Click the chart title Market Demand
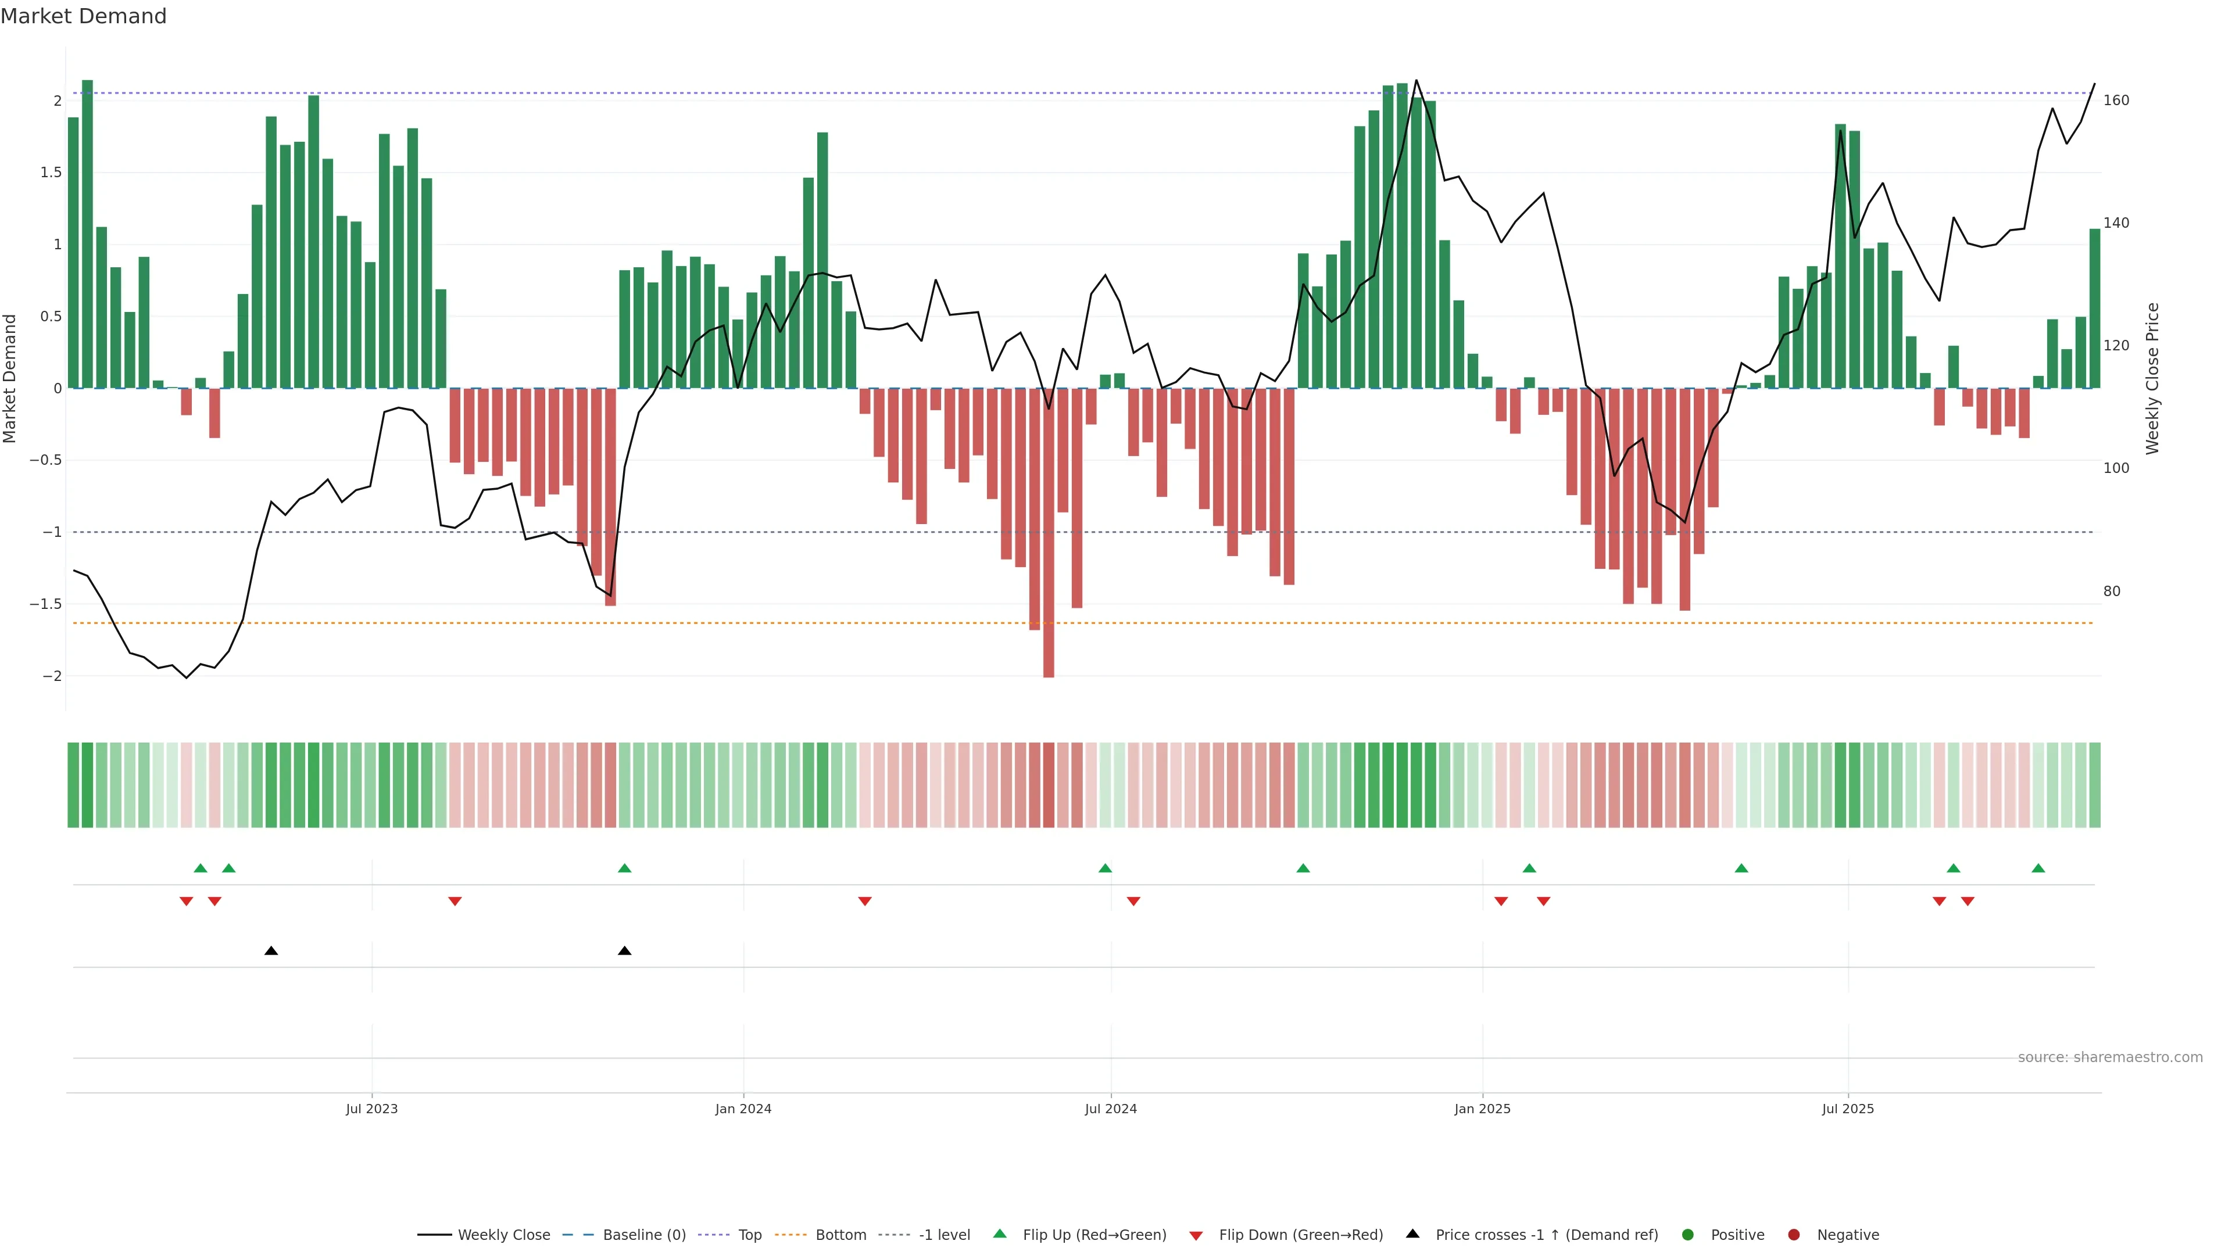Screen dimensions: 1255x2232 pos(83,16)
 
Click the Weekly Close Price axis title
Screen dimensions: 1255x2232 pos(2152,378)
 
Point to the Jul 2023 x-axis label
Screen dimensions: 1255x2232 pos(372,1109)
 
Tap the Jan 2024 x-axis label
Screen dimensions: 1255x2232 pos(743,1109)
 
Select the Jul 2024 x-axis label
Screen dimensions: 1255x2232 pos(1111,1109)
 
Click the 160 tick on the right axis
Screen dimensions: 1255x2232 pos(2116,101)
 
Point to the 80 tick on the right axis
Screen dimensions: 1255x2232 pos(2112,591)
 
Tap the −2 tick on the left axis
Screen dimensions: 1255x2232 pos(52,676)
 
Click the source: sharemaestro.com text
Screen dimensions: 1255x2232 pos(2110,1057)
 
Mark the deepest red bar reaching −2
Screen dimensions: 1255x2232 pos(1049,533)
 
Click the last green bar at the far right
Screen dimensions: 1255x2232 pos(2094,309)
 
